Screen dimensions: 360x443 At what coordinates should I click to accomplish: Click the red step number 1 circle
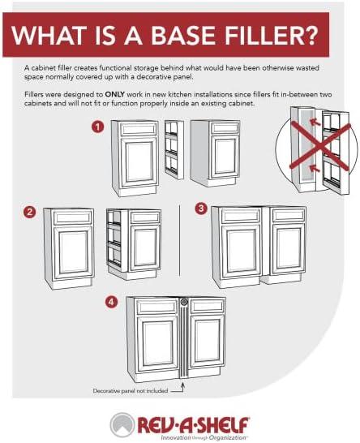point(97,127)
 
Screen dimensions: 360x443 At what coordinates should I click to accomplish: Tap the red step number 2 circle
point(30,212)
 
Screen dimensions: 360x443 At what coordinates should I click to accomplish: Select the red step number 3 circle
point(201,209)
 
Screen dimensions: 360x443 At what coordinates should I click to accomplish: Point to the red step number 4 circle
point(112,302)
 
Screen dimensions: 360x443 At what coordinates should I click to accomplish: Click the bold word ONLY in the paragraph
point(114,94)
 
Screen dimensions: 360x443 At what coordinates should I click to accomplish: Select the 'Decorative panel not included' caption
point(131,391)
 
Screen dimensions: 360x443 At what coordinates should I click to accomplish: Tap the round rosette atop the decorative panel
point(184,302)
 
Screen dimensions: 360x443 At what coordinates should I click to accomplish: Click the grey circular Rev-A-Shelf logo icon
point(122,425)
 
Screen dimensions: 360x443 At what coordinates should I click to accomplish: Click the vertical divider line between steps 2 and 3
point(179,240)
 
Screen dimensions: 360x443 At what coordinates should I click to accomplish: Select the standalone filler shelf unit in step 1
point(174,149)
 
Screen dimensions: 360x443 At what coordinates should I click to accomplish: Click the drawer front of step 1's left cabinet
point(139,129)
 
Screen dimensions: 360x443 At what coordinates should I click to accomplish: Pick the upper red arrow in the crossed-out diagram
point(315,123)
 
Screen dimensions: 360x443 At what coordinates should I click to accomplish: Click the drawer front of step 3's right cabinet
point(288,216)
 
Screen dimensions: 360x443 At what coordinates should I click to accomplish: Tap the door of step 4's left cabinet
point(157,343)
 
